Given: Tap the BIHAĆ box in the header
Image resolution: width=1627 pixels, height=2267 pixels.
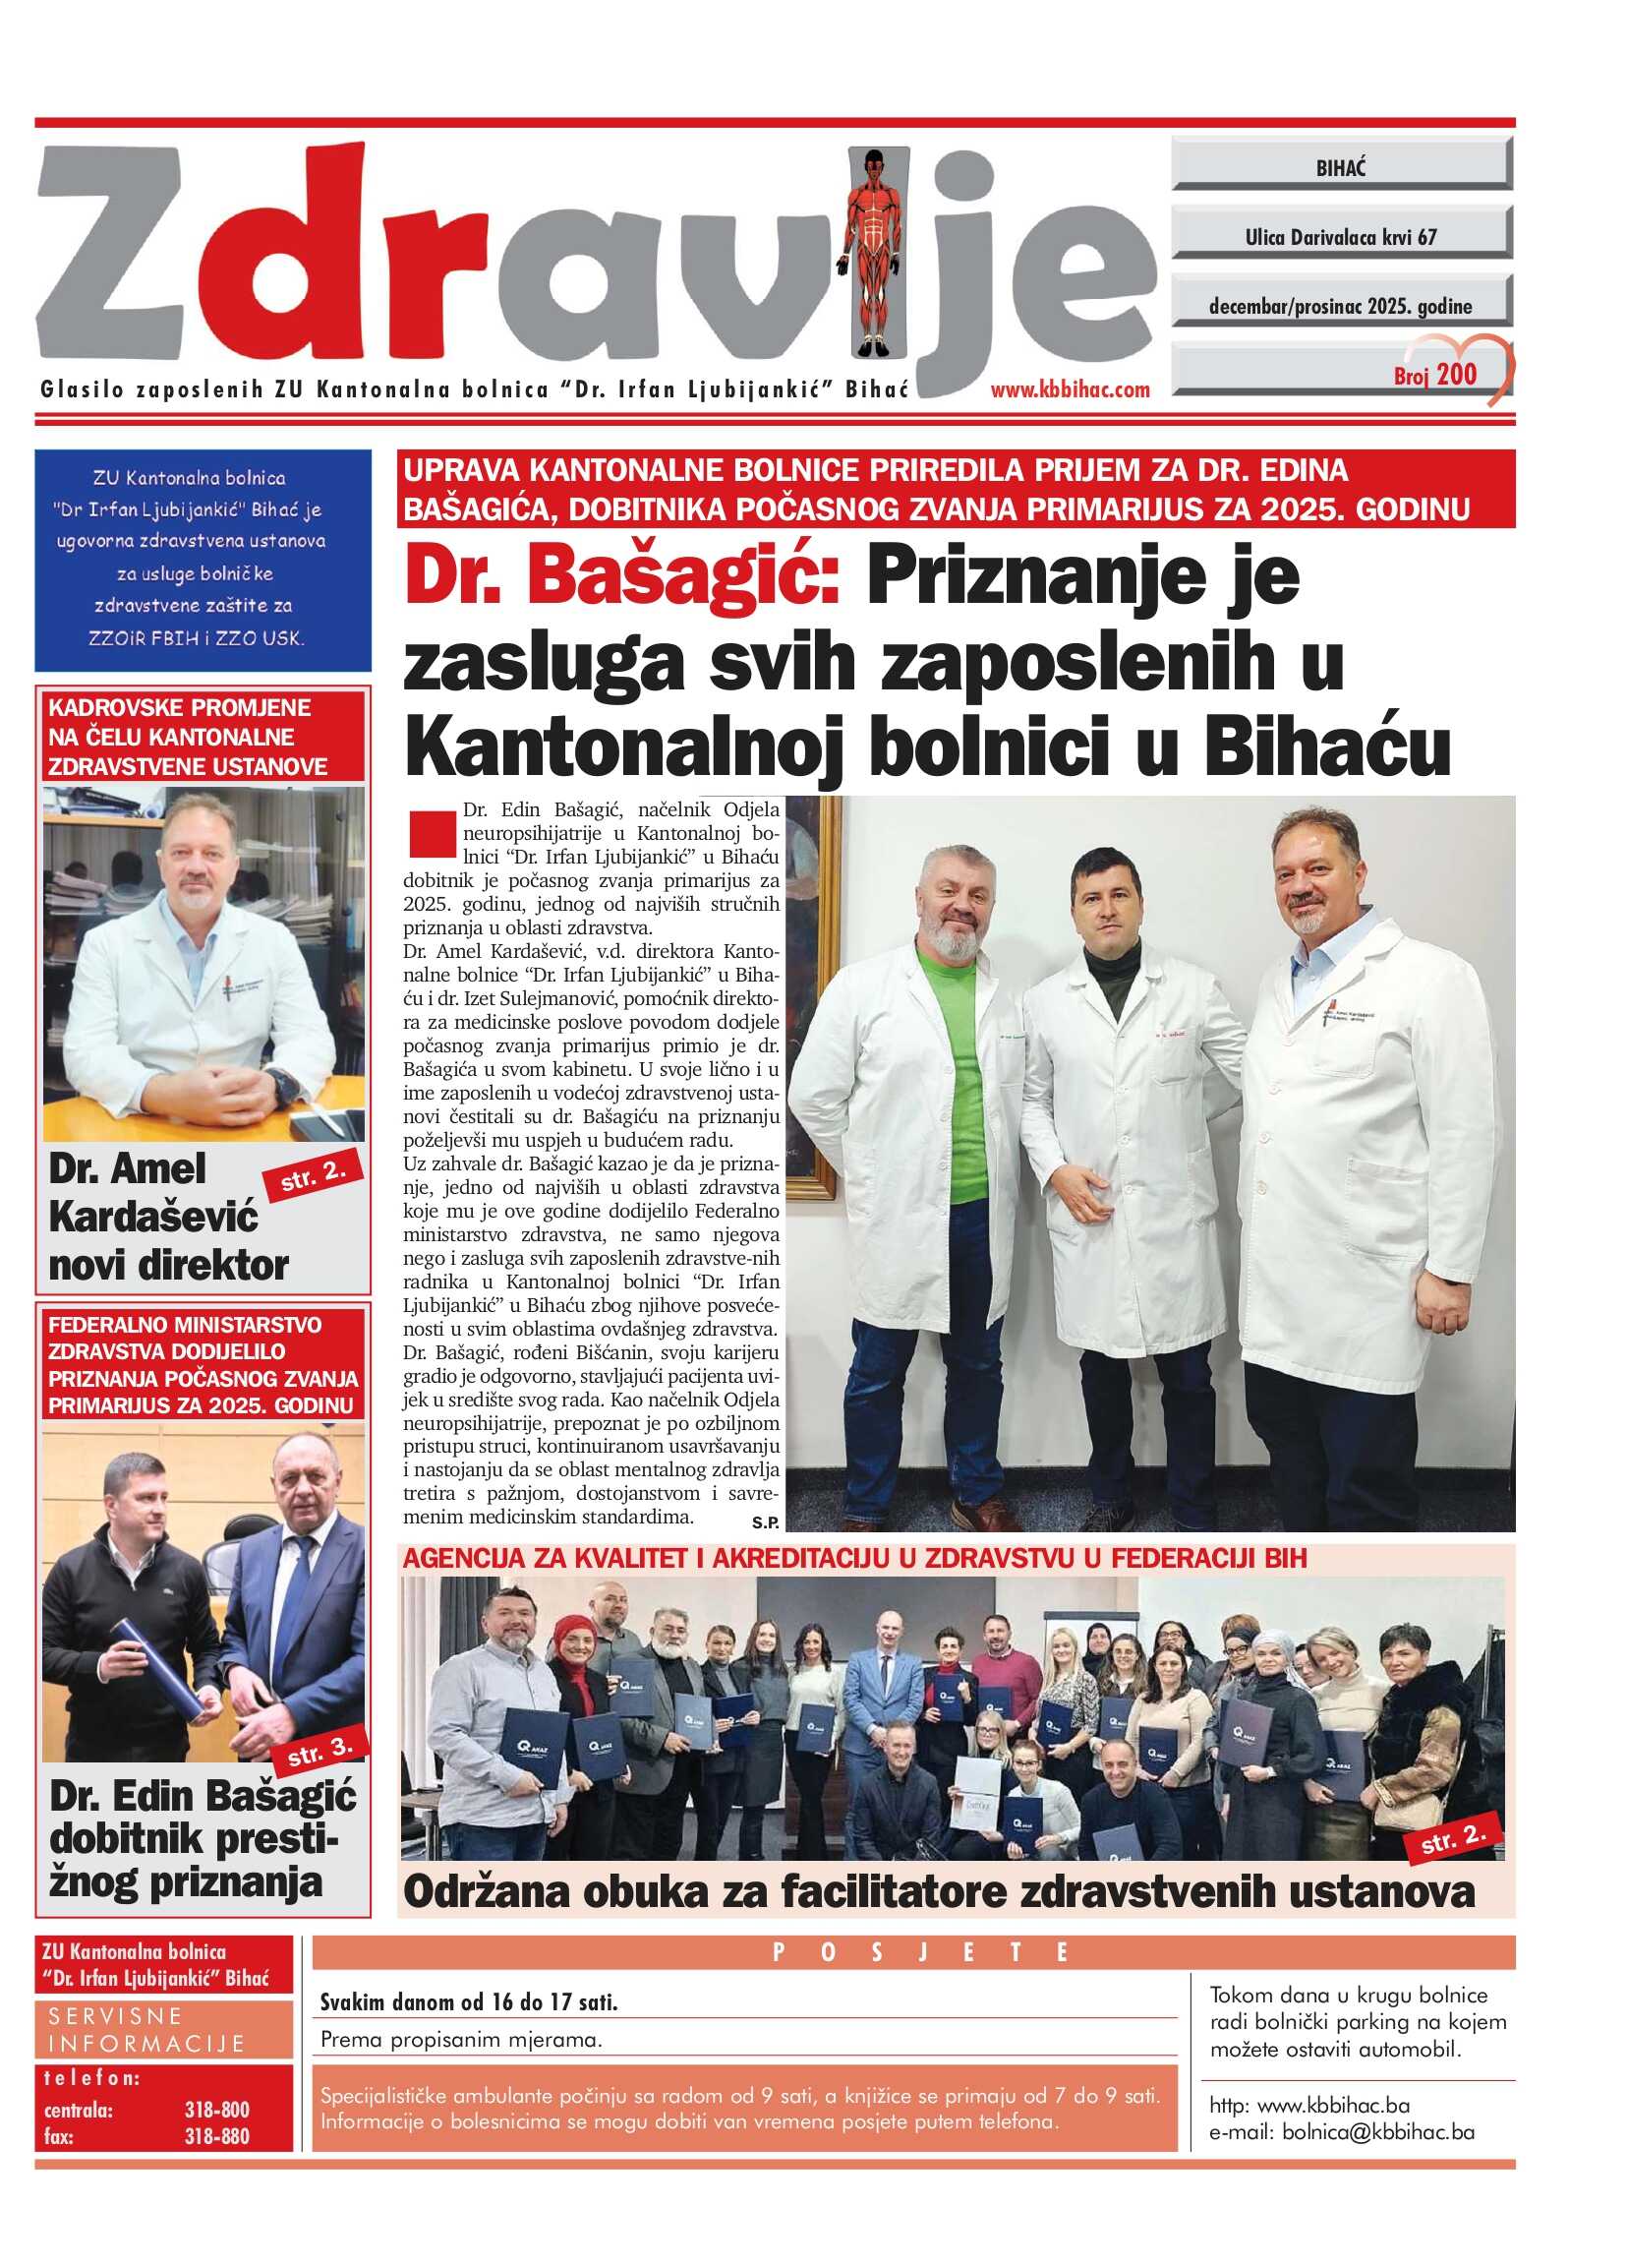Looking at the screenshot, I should (1339, 168).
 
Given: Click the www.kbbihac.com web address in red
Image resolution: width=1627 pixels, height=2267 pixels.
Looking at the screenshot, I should (1070, 389).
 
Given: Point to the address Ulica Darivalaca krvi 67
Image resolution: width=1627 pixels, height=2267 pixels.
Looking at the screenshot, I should (1339, 237).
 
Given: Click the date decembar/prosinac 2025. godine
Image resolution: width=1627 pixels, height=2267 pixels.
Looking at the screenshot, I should (1339, 306).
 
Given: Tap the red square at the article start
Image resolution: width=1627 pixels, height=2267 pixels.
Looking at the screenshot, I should (432, 836).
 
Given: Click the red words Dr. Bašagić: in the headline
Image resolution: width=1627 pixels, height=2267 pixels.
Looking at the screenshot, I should (621, 575).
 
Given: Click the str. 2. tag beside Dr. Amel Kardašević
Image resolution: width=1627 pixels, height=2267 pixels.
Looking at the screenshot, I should (313, 1177).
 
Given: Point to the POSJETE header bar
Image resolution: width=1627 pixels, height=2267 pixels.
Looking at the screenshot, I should (912, 1952).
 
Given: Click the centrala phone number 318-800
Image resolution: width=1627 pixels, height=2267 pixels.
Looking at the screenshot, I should (217, 2109).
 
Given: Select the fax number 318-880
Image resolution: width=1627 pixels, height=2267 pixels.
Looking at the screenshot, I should (217, 2136).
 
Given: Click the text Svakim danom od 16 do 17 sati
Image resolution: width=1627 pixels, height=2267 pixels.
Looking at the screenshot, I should (469, 2002).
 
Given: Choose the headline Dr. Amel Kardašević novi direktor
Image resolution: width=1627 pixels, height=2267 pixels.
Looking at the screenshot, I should (168, 1217).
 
